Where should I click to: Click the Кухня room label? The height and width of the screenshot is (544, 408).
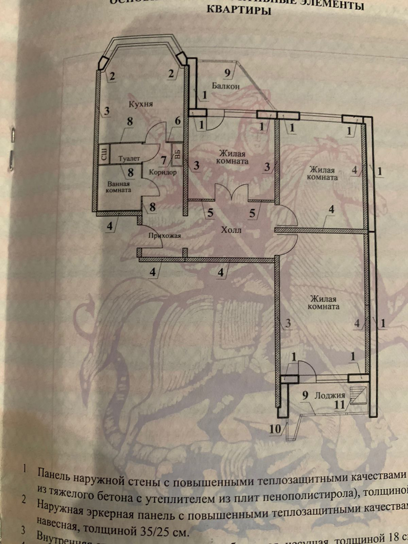coord(141,104)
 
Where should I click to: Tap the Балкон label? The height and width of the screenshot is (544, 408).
coord(226,86)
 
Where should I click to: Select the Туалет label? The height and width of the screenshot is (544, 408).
coord(129,158)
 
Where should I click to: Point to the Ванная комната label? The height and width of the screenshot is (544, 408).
coord(118,187)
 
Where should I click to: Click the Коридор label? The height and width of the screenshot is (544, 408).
coord(163,172)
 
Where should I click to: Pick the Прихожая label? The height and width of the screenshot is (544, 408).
coord(165,235)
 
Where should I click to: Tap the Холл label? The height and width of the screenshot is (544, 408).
coord(231,230)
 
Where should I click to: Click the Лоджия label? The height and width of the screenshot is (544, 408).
coord(329,395)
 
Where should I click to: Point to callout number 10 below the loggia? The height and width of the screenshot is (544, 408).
coord(275,429)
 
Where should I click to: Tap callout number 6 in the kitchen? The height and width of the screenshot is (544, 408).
coord(178,121)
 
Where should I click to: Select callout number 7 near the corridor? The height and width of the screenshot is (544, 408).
coord(164,160)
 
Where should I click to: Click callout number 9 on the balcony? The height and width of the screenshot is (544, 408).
coord(227,72)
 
